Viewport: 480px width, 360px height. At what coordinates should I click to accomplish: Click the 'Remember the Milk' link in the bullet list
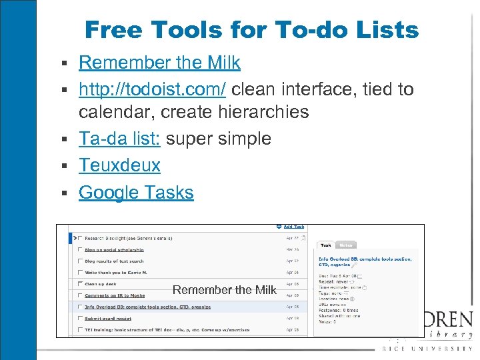point(159,63)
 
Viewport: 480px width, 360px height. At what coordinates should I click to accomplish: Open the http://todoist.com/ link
point(152,89)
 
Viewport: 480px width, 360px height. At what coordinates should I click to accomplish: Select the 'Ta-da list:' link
point(119,139)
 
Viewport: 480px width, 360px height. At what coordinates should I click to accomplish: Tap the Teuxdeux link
point(119,165)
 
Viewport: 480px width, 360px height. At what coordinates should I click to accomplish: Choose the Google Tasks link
point(136,193)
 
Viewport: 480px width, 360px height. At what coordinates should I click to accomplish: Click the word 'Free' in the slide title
point(115,30)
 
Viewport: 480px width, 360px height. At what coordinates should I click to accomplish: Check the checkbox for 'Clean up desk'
point(81,284)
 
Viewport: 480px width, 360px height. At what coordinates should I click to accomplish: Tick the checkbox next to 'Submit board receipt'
point(81,319)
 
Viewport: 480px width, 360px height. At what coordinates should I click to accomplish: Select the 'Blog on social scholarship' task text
point(114,249)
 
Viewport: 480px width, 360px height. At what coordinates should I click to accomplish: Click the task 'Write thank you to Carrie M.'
point(117,273)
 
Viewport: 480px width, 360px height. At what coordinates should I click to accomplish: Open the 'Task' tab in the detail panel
point(326,245)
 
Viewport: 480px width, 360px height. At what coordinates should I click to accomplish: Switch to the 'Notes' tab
point(346,245)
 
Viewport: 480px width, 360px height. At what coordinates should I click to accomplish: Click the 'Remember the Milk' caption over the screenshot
point(224,290)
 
